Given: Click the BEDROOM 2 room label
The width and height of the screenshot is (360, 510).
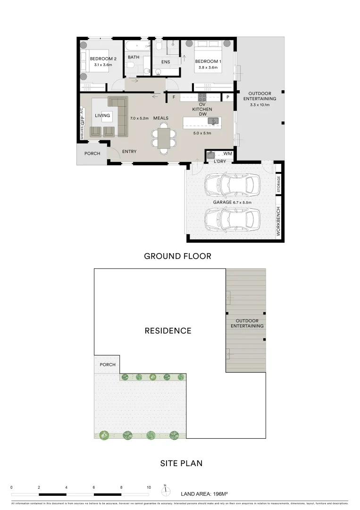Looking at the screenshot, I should point(101,59).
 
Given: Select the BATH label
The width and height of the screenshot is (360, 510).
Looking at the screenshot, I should point(134,57).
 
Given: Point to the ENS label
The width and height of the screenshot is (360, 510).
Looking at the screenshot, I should point(165,62).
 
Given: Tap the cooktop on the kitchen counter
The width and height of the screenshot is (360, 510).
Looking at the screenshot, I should point(202,97).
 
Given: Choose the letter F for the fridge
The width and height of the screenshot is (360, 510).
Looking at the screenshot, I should point(174,97).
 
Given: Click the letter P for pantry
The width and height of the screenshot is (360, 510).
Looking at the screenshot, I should point(228,97).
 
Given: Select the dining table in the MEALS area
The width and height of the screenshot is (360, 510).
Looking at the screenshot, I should point(164,138).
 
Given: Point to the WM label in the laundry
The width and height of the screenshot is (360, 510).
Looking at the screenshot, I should point(228,154).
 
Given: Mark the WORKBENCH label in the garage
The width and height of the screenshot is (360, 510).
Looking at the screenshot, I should point(278,221).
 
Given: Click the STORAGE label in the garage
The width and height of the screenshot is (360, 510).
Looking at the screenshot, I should point(279,184).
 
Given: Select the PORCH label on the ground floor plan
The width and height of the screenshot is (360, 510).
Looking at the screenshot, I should point(92,153).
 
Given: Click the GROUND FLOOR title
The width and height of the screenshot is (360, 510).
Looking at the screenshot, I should point(177,256).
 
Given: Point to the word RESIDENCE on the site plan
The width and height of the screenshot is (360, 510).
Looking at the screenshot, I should point(168,331).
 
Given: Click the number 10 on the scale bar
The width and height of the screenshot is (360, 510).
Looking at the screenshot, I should point(149,487).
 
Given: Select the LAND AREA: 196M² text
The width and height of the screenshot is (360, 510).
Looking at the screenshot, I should point(204,494).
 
